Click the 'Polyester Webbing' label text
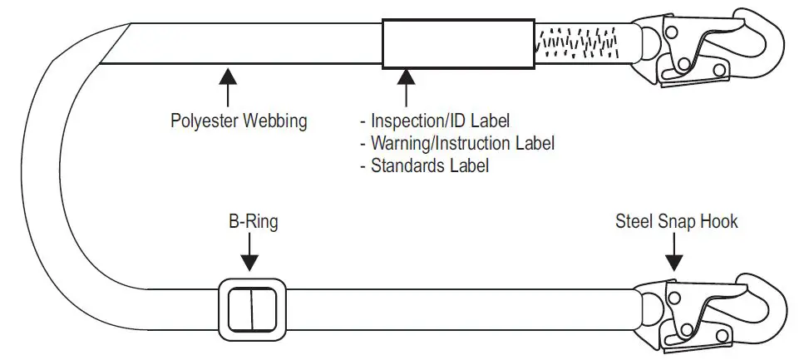(238, 121)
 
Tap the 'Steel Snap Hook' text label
(676, 222)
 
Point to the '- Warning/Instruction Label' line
(456, 143)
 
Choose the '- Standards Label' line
(423, 165)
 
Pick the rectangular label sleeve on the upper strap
(457, 44)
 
